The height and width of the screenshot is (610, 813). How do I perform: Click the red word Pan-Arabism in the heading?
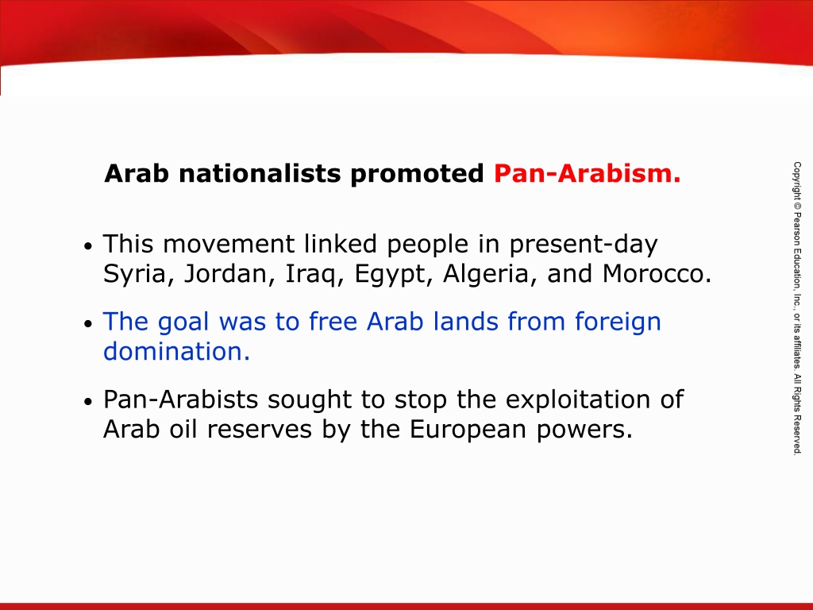[587, 173]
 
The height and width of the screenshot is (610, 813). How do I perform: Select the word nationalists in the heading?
[260, 173]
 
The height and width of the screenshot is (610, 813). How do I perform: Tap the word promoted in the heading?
[417, 174]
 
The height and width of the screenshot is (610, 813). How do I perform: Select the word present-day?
[584, 245]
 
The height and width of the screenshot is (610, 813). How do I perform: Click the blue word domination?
[176, 351]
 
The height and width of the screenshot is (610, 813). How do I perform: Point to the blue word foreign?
[618, 322]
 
